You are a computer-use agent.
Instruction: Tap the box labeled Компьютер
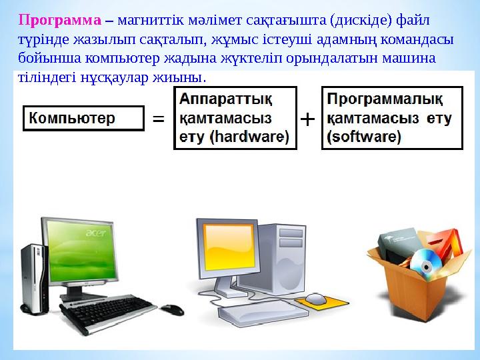pos(84,118)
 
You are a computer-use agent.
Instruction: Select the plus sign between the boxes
pos(307,119)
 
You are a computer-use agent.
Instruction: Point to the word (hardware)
pos(249,138)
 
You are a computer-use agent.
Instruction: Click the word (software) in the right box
pos(364,138)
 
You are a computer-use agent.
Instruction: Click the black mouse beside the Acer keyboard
pos(171,309)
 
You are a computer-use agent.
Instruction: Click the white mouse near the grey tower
pos(317,298)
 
